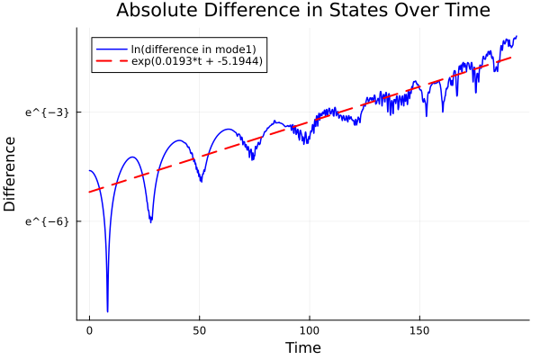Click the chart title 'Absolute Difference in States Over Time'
pos(302,11)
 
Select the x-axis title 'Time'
pos(302,347)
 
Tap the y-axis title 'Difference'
pos(11,173)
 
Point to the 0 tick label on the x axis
pos(89,330)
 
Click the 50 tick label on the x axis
pos(200,330)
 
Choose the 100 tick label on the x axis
pos(310,330)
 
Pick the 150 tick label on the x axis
pos(419,330)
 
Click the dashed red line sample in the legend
pos(112,61)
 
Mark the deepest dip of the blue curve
pos(107,310)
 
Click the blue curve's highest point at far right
pos(516,37)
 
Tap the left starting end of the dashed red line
pos(89,192)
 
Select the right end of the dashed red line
pos(511,57)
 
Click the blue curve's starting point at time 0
pos(89,170)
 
